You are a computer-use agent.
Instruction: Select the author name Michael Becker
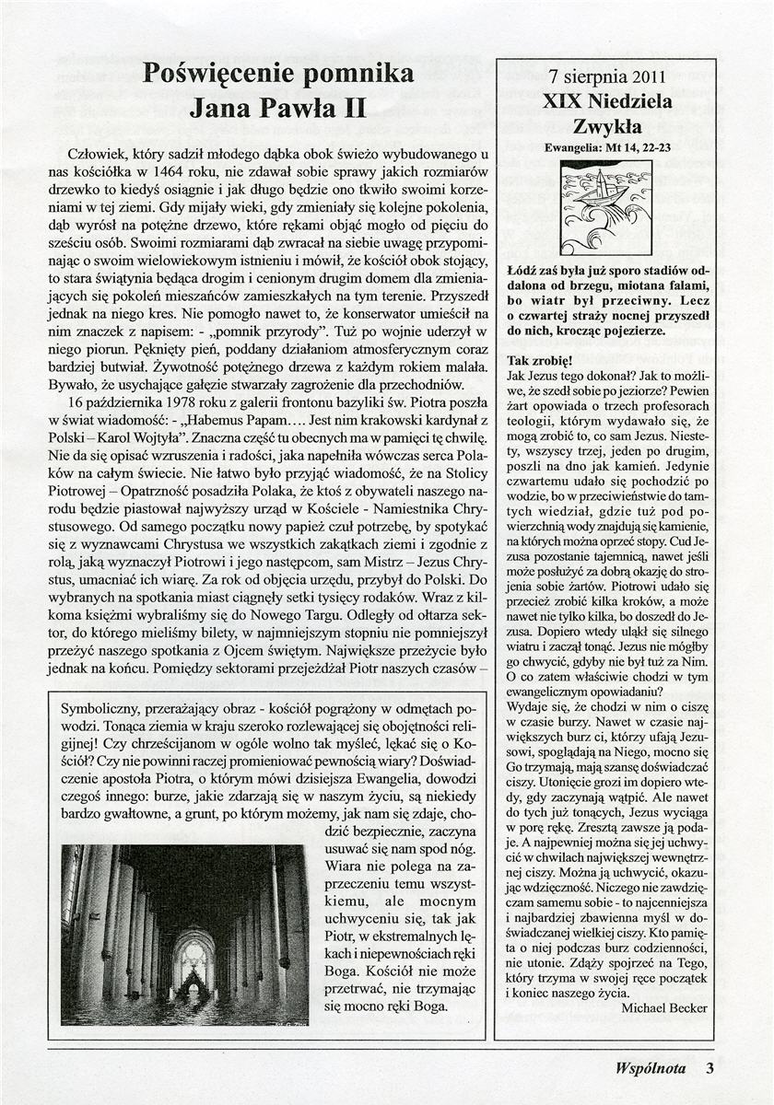pos(664,1007)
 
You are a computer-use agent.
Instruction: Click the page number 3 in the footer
pos(709,1068)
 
